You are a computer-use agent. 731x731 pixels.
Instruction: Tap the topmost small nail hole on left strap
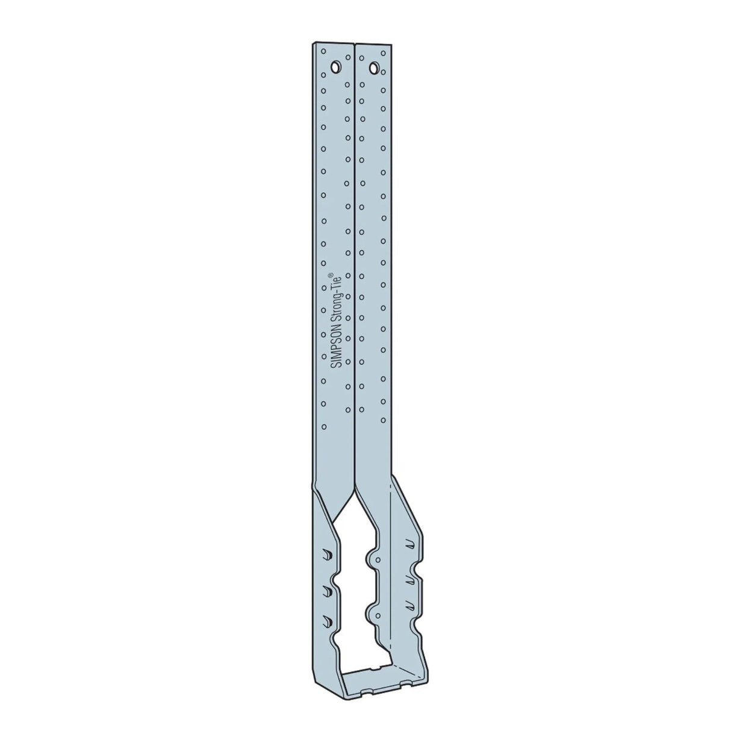tap(323, 52)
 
